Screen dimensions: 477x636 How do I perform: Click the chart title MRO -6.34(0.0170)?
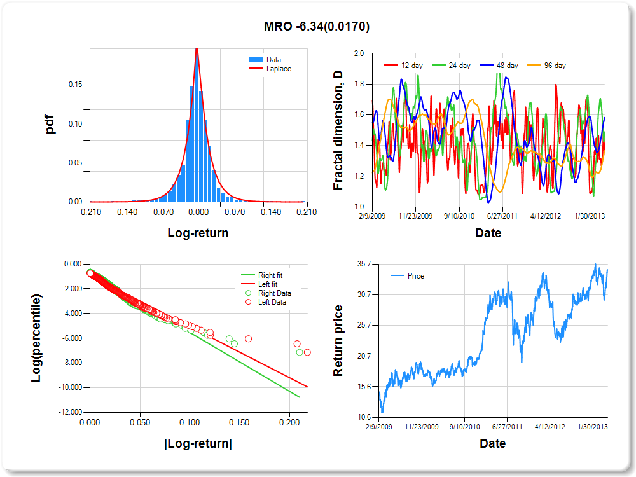click(317, 27)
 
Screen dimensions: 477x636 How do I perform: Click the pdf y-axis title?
click(50, 123)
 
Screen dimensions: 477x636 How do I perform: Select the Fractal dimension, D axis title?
click(338, 130)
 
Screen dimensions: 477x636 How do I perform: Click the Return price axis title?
click(338, 340)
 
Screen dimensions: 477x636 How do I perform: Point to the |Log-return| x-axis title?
click(198, 443)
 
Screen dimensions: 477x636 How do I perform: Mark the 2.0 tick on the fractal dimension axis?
click(359, 53)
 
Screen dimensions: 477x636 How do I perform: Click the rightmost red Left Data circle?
click(307, 352)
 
